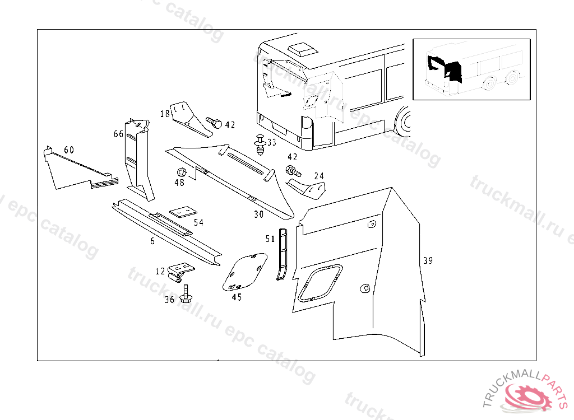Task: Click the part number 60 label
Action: pos(69,150)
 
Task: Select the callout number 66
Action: pos(118,134)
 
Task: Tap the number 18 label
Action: pos(164,114)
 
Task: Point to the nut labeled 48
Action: pos(180,172)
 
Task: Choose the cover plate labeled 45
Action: pos(244,272)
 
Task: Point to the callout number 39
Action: pos(428,260)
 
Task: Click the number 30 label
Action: pos(258,214)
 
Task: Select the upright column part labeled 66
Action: pos(138,160)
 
